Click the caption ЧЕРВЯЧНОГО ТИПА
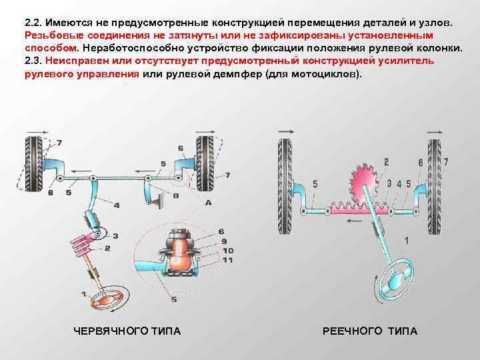pyautogui.click(x=126, y=331)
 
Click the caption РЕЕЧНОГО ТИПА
pyautogui.click(x=370, y=331)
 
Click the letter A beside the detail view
pyautogui.click(x=209, y=202)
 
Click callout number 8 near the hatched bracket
pyautogui.click(x=176, y=196)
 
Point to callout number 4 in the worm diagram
pyautogui.click(x=116, y=205)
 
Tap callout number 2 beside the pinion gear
pyautogui.click(x=385, y=162)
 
